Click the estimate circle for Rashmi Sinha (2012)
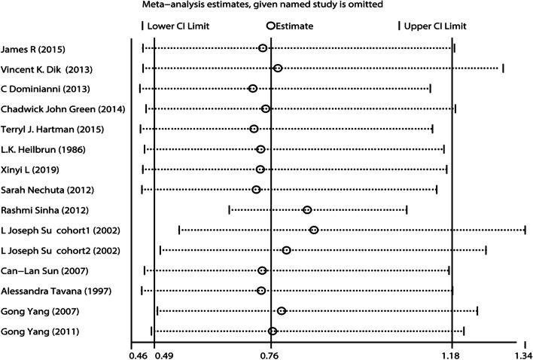307,209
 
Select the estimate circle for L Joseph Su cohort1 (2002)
314,230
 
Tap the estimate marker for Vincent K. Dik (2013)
278,69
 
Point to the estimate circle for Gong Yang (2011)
273,331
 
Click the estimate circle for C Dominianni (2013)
253,89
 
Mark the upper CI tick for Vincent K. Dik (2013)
503,69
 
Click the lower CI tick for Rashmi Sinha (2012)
230,209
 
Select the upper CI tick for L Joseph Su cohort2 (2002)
486,250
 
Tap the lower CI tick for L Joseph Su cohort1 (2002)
179,230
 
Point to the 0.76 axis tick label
270,354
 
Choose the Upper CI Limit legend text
436,26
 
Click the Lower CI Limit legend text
178,26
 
